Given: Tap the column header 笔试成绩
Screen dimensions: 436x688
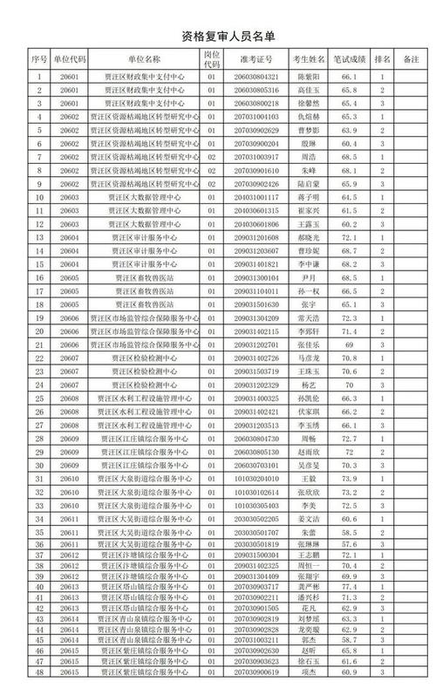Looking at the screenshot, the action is point(346,60).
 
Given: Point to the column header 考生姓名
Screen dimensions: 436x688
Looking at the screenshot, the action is point(308,60).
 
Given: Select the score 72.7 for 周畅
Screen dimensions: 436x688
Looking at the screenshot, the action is point(346,439).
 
